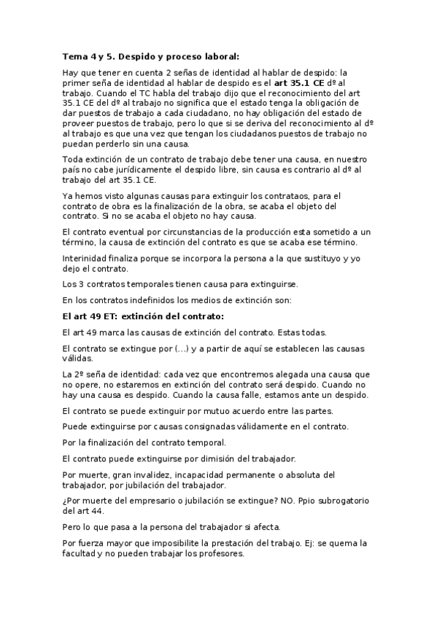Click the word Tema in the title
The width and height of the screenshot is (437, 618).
tap(74, 55)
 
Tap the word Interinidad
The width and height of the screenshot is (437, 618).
tap(87, 258)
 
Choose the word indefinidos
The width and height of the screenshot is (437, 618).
tap(159, 300)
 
